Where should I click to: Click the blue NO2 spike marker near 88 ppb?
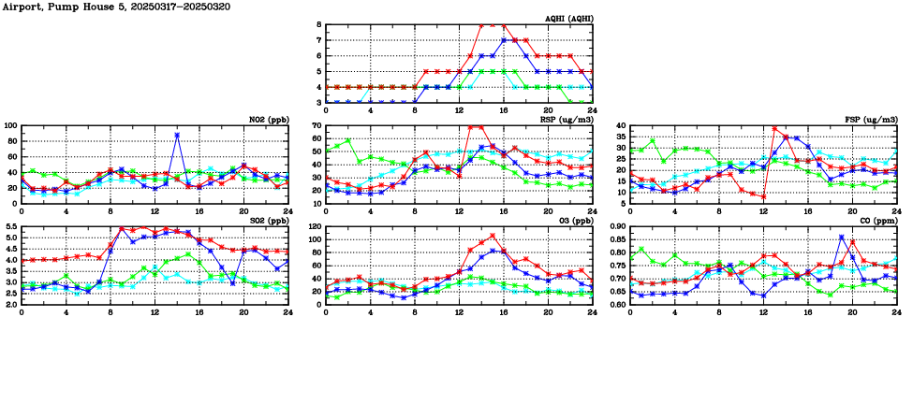177,135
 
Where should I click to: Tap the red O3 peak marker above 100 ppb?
493,236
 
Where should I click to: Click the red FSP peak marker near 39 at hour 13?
774,129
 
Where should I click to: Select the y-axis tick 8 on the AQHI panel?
319,25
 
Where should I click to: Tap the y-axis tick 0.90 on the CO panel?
619,227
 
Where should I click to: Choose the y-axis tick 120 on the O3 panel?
314,227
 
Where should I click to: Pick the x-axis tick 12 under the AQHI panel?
460,111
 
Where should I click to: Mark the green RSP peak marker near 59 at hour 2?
348,140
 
